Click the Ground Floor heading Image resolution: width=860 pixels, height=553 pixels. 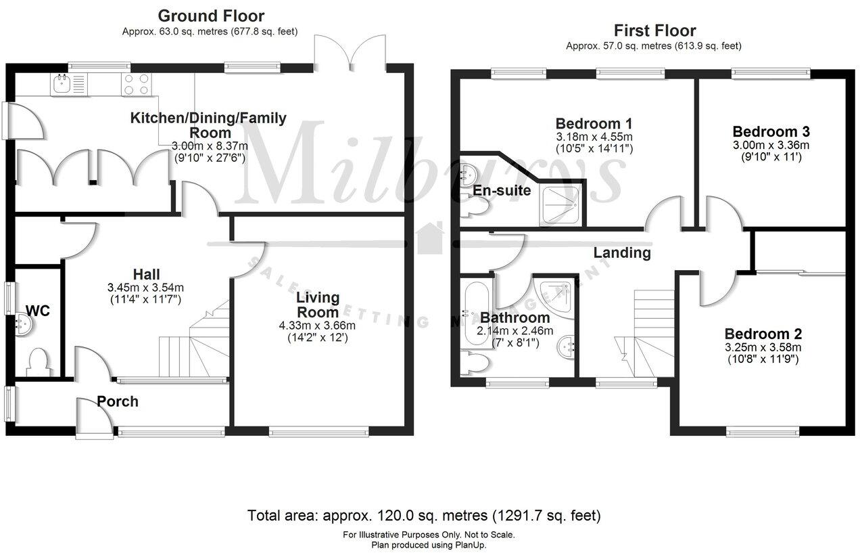click(210, 16)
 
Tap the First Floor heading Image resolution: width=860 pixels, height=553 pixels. click(654, 30)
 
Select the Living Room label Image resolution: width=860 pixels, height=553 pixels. click(318, 305)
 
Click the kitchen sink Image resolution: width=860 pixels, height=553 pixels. click(60, 84)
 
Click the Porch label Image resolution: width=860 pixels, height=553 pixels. click(118, 401)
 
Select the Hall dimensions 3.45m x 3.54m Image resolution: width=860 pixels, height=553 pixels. click(147, 287)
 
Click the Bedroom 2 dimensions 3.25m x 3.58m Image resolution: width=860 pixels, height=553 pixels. click(763, 347)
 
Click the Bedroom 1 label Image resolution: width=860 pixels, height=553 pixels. click(594, 123)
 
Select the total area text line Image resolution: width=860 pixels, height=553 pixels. click(424, 516)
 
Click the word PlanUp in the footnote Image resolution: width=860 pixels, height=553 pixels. click(467, 544)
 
